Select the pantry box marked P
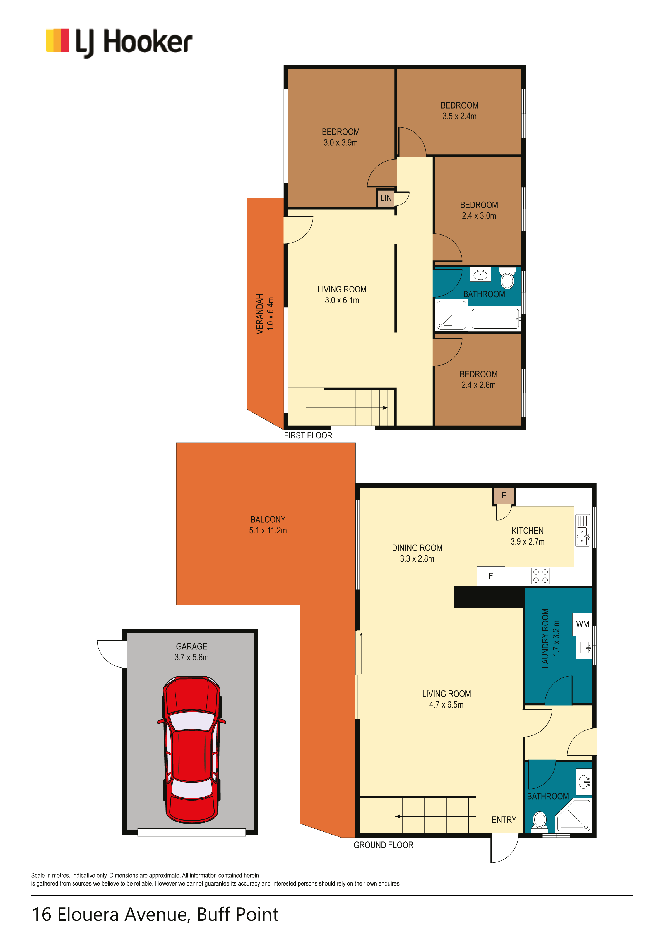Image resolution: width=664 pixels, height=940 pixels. pos(504,496)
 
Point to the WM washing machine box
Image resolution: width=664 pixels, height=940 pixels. pos(582,624)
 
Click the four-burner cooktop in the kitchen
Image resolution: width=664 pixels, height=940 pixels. pos(540,576)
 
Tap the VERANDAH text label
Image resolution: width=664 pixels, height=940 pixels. pos(259,314)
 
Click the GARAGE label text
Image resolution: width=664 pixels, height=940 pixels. pos(192,646)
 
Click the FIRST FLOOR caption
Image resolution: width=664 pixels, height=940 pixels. pos(308,436)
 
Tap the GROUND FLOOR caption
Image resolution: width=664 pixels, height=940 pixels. pos(384,845)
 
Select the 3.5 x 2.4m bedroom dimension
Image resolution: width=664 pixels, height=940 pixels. pos(459,116)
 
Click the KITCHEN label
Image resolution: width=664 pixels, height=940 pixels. pos(528,531)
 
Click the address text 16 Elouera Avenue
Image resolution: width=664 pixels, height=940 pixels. pos(110,915)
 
